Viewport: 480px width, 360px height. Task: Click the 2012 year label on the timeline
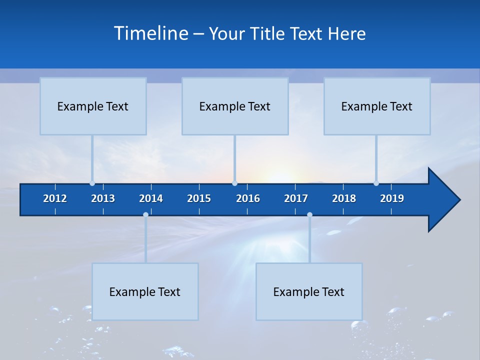coord(55,198)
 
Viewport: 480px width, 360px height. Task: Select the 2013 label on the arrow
coord(103,198)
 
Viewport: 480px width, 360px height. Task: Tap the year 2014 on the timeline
coord(151,198)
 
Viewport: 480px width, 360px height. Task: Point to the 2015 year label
coord(199,198)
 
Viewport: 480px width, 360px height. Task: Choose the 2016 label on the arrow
coord(248,198)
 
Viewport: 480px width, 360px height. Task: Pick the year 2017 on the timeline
coord(296,198)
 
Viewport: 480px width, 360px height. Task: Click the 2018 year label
coord(344,198)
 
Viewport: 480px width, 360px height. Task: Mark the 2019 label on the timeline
coord(392,198)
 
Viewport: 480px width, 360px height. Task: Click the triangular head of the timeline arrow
coord(442,200)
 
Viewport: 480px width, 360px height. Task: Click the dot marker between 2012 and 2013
coord(92,183)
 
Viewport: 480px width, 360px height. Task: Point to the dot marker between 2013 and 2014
coord(145,214)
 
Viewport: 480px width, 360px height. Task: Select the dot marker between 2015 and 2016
coord(234,183)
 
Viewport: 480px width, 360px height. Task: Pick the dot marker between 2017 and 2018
coord(309,214)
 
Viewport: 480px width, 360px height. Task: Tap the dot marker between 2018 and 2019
coord(376,183)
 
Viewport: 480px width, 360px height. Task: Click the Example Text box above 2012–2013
coord(93,106)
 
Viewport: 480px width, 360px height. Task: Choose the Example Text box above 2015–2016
coord(235,106)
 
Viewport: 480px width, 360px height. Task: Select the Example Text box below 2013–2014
coord(145,291)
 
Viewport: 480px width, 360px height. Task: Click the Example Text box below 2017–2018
coord(309,291)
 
